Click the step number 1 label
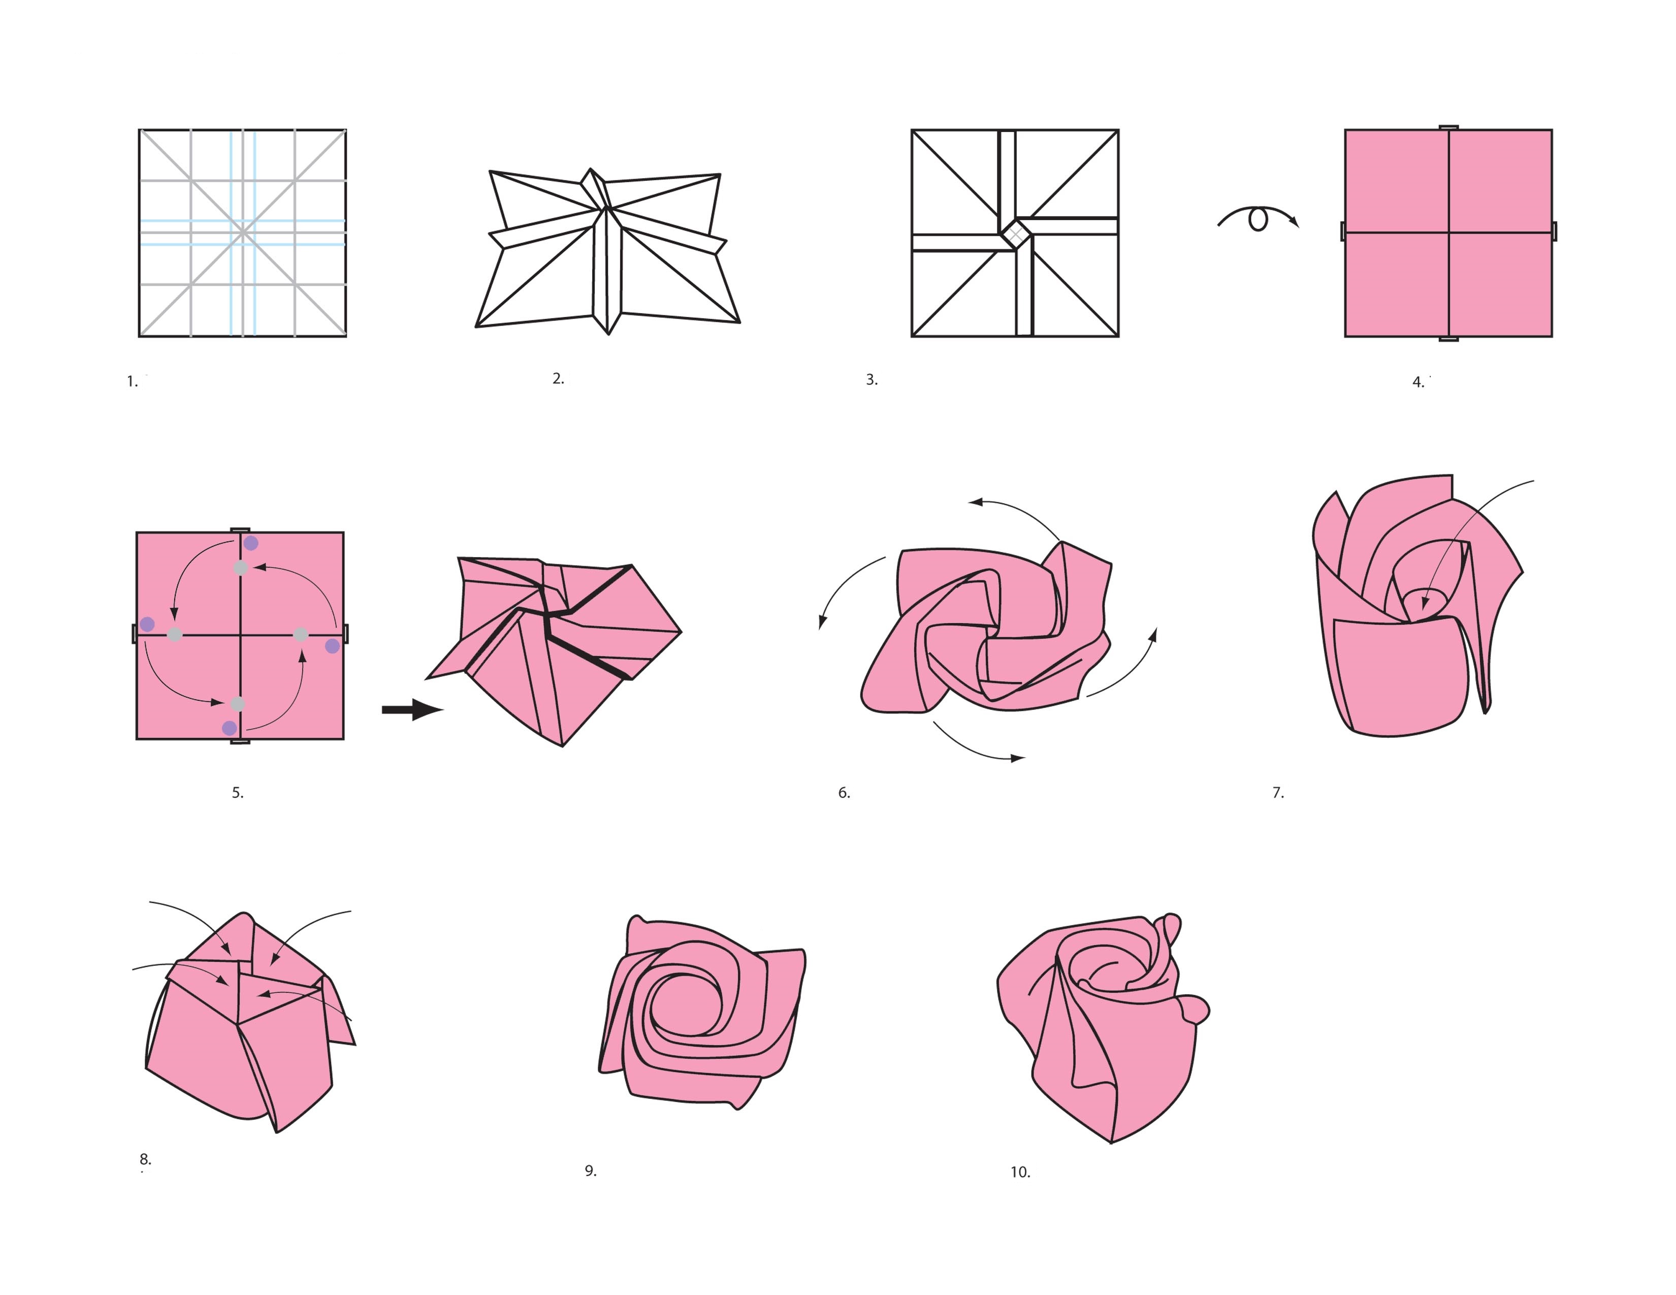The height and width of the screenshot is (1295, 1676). pyautogui.click(x=132, y=381)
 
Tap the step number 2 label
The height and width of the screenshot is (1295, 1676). pyautogui.click(x=558, y=378)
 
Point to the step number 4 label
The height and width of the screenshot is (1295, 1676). pyautogui.click(x=1418, y=382)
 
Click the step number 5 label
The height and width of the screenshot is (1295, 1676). pyautogui.click(x=238, y=793)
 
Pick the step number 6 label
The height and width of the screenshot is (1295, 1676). pyautogui.click(x=844, y=793)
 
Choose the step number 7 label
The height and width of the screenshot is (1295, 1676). pyautogui.click(x=1278, y=793)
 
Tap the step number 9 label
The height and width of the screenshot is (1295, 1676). pyautogui.click(x=590, y=1171)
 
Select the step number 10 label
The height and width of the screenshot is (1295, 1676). pyautogui.click(x=1020, y=1172)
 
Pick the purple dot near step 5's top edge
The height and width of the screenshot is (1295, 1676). pyautogui.click(x=251, y=543)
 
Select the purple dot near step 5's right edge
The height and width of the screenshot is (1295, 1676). pyautogui.click(x=332, y=646)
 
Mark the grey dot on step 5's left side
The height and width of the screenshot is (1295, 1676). pyautogui.click(x=175, y=634)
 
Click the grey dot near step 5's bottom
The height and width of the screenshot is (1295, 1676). pyautogui.click(x=238, y=703)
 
